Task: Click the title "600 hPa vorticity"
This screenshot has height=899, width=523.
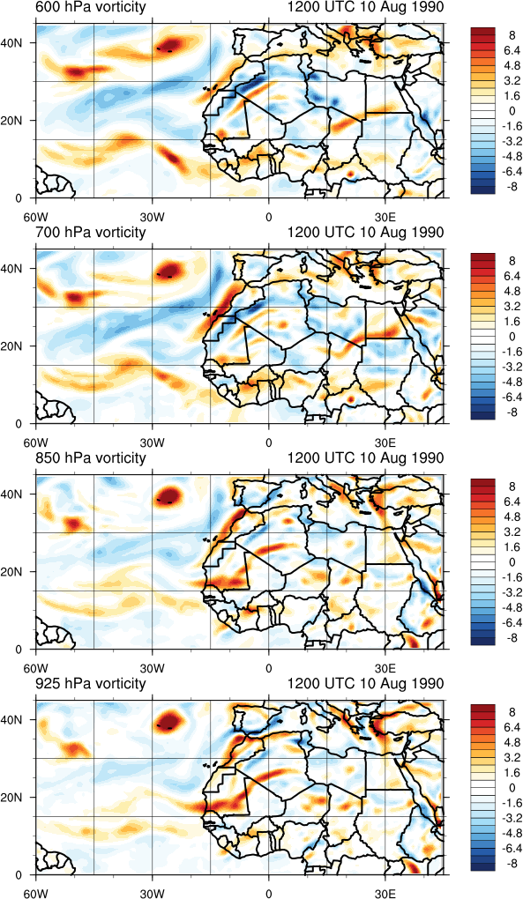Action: click(x=91, y=7)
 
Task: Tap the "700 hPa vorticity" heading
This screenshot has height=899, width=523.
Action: click(x=91, y=233)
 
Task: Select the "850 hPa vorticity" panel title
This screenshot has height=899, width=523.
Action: click(x=91, y=458)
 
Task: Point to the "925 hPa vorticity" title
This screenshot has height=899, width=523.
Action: click(x=91, y=684)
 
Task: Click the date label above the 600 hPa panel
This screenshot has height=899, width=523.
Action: click(x=365, y=7)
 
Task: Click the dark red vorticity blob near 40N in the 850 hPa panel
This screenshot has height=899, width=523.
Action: click(x=169, y=494)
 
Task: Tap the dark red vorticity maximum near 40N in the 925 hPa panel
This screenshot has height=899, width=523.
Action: click(x=169, y=719)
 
